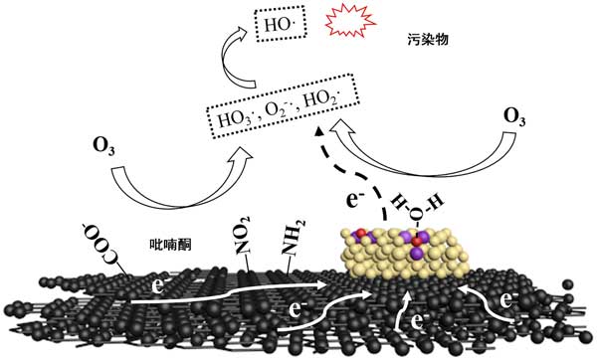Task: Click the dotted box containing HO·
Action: click(x=282, y=24)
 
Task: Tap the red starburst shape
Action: click(x=350, y=22)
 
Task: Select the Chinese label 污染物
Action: click(x=428, y=40)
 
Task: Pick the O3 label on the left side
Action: click(x=103, y=147)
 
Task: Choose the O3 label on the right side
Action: click(x=514, y=116)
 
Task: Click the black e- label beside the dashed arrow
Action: click(x=352, y=199)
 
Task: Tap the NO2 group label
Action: click(x=242, y=235)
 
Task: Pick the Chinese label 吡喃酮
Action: click(x=170, y=245)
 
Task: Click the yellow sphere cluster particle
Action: click(x=405, y=252)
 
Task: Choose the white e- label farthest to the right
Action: click(x=507, y=300)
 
